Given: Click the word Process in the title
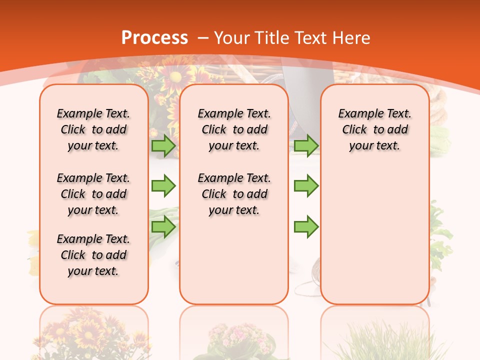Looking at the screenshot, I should [154, 38].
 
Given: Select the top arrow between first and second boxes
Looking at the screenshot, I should [163, 145].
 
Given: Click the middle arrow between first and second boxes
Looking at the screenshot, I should [163, 186].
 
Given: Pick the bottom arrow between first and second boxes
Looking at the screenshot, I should [163, 227].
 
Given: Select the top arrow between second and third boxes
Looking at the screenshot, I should [306, 145].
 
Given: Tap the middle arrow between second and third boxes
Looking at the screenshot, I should [306, 186].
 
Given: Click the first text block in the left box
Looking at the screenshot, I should [93, 129].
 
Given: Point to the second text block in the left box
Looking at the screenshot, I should [93, 194].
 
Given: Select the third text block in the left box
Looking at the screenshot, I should [93, 255].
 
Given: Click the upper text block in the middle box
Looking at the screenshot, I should [234, 129].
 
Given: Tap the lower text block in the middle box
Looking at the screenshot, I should [234, 194].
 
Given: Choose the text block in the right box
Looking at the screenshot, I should [374, 129].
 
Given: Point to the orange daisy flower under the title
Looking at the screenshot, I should [176, 77].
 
